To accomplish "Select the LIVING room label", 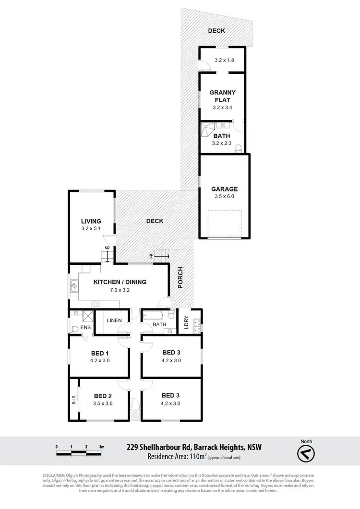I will click(91, 221).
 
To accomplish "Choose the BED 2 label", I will click(103, 396).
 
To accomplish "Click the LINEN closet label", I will click(114, 320).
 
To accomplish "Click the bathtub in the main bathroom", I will click(153, 317).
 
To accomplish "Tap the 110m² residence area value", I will click(195, 457).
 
